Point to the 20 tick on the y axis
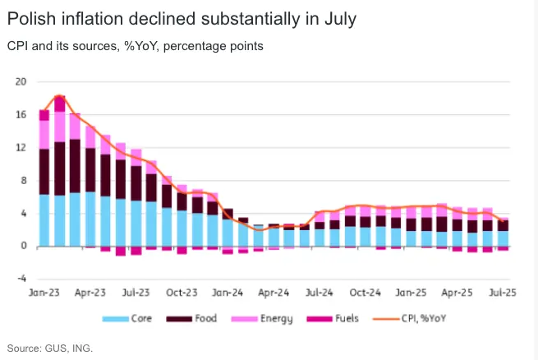pyautogui.click(x=21, y=81)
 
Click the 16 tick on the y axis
pyautogui.click(x=21, y=114)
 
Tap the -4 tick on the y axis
pyautogui.click(x=22, y=279)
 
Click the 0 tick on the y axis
pyautogui.click(x=24, y=246)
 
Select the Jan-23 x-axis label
pyautogui.click(x=44, y=292)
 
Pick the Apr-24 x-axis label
pyautogui.click(x=274, y=292)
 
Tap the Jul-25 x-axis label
pyautogui.click(x=503, y=292)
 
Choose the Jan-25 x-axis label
pyautogui.click(x=412, y=292)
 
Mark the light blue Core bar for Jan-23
pyautogui.click(x=44, y=220)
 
